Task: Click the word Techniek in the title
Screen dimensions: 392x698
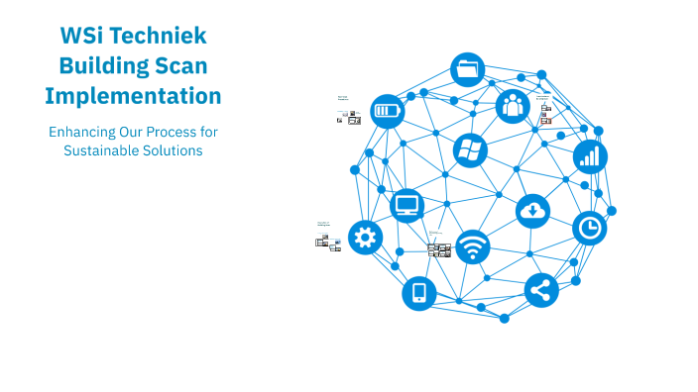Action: (159, 37)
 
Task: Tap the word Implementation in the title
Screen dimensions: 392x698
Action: (133, 96)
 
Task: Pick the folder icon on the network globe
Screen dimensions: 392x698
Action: (468, 69)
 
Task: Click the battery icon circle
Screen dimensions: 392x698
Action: (387, 111)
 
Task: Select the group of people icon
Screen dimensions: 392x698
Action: (513, 104)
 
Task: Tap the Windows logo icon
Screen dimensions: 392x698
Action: (469, 150)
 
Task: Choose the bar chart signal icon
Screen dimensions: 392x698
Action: (590, 156)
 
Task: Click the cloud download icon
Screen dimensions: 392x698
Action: (532, 210)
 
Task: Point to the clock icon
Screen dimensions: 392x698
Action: (590, 228)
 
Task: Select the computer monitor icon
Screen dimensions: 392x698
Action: (407, 205)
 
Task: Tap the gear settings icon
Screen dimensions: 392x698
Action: (365, 237)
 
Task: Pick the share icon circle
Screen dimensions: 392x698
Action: (540, 290)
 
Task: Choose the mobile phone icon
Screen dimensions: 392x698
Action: (418, 293)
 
